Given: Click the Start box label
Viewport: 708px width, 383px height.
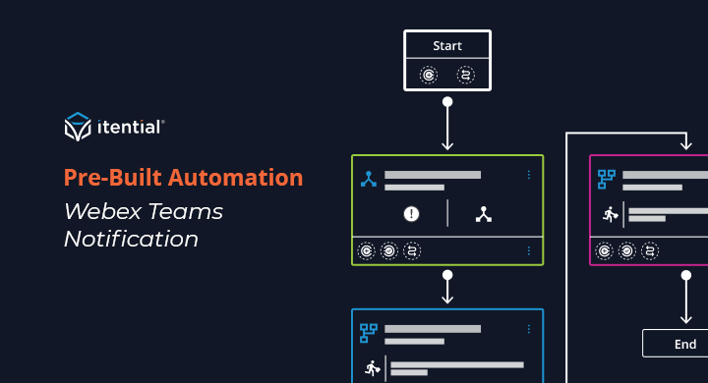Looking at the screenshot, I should coord(447,45).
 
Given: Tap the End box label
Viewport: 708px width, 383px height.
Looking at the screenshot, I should coord(685,344).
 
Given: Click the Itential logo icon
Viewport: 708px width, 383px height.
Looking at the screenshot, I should coord(78,127).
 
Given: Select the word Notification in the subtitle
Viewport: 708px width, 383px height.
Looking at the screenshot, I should coord(131,239).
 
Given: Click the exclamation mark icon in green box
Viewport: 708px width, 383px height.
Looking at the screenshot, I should coord(412,213).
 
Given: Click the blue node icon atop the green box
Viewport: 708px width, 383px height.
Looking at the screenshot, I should coord(369,179).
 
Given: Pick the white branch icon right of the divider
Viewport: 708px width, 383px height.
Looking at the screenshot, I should coord(483,213).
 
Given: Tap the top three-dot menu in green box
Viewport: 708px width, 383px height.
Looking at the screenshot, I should coord(528,175).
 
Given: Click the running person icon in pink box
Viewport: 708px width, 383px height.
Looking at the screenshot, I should coord(611,214).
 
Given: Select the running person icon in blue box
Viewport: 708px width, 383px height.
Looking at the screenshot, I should coord(372,368).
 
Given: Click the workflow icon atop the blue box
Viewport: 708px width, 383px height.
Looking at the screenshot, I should coord(369,332).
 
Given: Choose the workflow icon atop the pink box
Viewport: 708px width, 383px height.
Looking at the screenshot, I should coord(607,179).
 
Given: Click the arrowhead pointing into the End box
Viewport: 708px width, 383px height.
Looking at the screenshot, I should coord(685,318).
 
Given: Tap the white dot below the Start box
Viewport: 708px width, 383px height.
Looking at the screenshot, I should coord(447,101).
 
